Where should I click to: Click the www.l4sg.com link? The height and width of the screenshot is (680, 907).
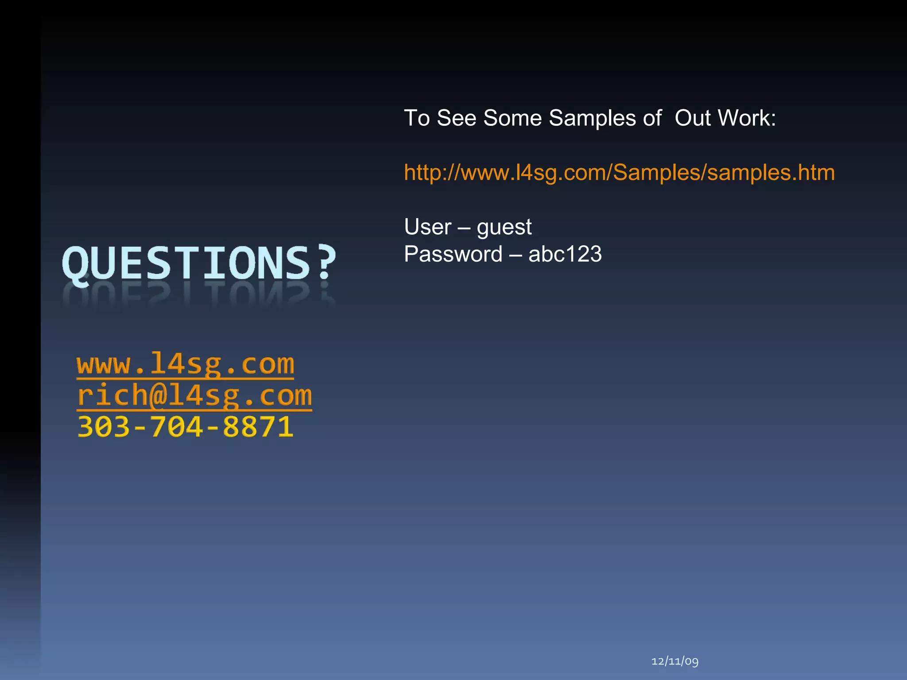(x=185, y=364)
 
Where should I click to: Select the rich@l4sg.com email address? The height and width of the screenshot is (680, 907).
(x=194, y=395)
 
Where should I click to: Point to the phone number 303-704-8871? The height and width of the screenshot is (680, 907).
(x=185, y=427)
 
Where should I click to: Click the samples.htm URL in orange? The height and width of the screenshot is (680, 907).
(x=619, y=173)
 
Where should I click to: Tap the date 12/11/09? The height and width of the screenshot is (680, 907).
(x=675, y=661)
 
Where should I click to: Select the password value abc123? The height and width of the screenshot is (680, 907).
(x=565, y=255)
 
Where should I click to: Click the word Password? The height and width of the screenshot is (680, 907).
(x=453, y=255)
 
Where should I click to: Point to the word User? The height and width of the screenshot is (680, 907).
(x=428, y=227)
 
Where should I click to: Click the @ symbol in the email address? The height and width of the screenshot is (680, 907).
(x=158, y=395)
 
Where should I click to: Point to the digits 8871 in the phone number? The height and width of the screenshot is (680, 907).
(x=258, y=427)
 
